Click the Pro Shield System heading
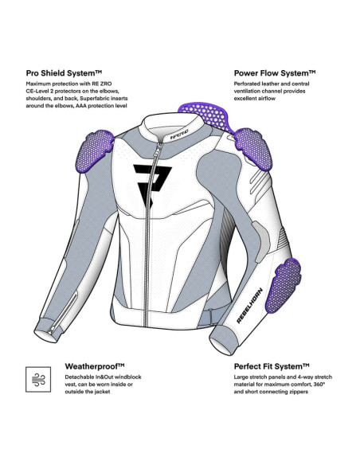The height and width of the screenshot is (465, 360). tap(64, 73)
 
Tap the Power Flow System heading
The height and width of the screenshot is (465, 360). tap(275, 73)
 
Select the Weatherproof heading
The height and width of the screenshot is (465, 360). tap(95, 366)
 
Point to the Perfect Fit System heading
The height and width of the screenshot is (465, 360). tap(272, 366)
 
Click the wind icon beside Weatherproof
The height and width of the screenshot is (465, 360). tap(38, 380)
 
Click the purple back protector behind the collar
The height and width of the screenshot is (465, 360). tap(207, 116)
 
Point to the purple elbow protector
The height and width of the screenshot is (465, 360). tap(284, 285)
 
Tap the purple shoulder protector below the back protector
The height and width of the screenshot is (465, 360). tap(253, 149)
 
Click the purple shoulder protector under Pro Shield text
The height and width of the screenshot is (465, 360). tap(95, 150)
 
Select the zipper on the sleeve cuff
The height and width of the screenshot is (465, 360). tap(64, 313)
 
